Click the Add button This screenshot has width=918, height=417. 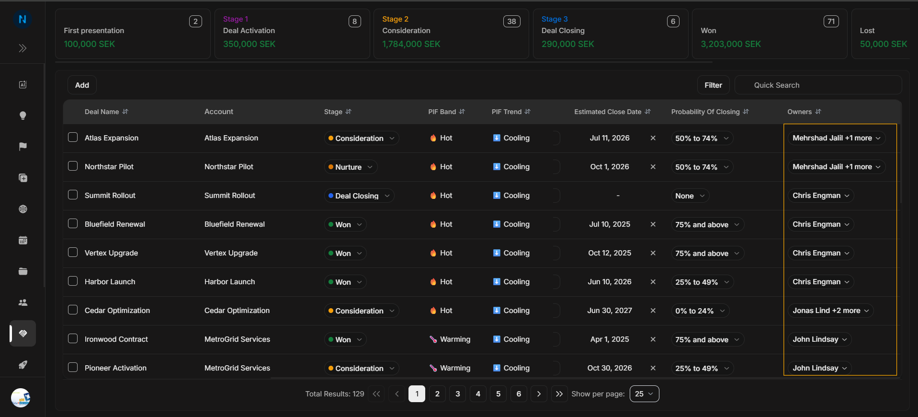pyautogui.click(x=82, y=85)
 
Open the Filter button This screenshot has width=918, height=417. pyautogui.click(x=713, y=85)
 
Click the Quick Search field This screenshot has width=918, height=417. pyautogui.click(x=818, y=85)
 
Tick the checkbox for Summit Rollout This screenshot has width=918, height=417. pyautogui.click(x=73, y=195)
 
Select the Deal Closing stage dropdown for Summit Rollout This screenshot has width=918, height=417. pyautogui.click(x=359, y=196)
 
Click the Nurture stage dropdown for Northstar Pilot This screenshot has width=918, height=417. pyautogui.click(x=351, y=167)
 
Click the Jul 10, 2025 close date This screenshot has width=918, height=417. pyautogui.click(x=610, y=224)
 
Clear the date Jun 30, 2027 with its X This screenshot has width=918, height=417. pyautogui.click(x=653, y=311)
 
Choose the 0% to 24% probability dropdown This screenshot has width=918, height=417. pyautogui.click(x=700, y=311)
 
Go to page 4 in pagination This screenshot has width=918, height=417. pyautogui.click(x=478, y=394)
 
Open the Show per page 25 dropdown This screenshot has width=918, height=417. pyautogui.click(x=644, y=394)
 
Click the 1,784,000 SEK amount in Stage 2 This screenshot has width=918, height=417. pyautogui.click(x=411, y=44)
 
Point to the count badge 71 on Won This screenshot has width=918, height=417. pyautogui.click(x=831, y=22)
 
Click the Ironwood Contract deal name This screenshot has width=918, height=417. pyautogui.click(x=116, y=339)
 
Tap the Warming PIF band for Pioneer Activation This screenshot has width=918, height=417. pyautogui.click(x=450, y=368)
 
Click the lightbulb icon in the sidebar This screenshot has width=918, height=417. pyautogui.click(x=23, y=116)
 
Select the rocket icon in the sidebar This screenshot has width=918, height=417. pyautogui.click(x=23, y=365)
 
